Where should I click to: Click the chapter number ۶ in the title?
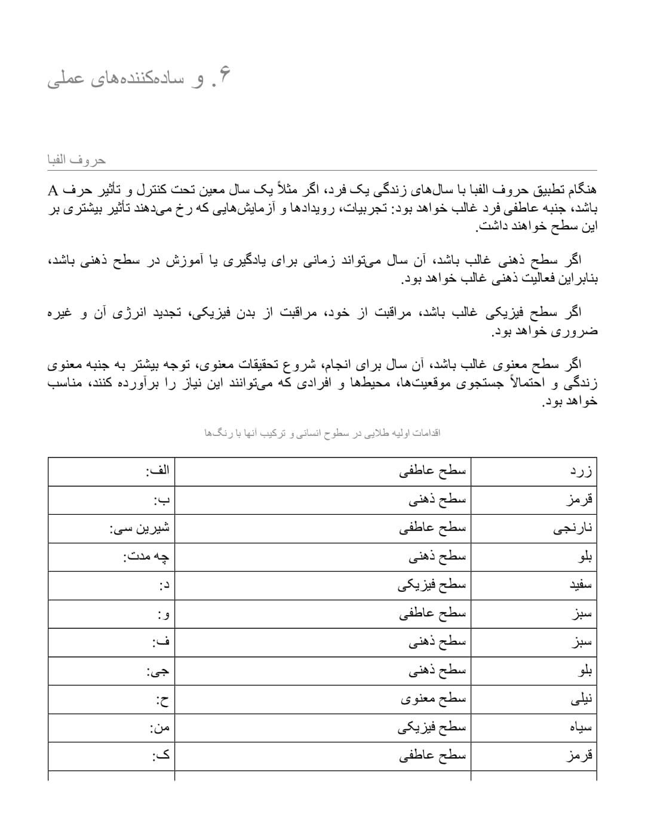click(223, 78)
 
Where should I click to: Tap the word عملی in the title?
click(64, 79)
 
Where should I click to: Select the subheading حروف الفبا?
click(76, 160)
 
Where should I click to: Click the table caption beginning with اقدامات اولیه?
click(322, 432)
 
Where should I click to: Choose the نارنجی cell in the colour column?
click(573, 529)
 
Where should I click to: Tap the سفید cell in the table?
click(580, 585)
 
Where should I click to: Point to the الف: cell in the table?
click(158, 471)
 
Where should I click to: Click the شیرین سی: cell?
click(140, 529)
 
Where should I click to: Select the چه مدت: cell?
click(146, 557)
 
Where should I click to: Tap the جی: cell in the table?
click(158, 671)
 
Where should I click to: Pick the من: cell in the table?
click(159, 727)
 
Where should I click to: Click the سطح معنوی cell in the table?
click(432, 699)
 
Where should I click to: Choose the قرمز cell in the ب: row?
click(579, 500)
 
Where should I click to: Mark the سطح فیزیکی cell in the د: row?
click(431, 585)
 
